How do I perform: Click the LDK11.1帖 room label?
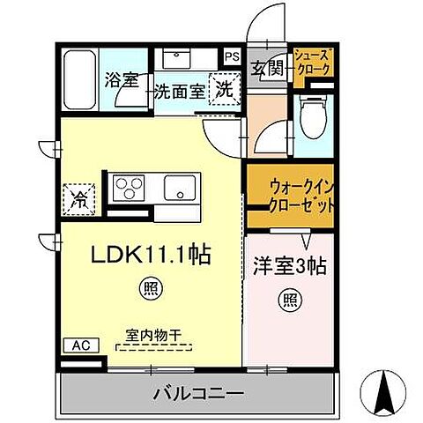pos(152,256)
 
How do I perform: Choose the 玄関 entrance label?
pos(266,69)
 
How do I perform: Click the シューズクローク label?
pos(312,62)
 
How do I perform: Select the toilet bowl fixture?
pos(313,118)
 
